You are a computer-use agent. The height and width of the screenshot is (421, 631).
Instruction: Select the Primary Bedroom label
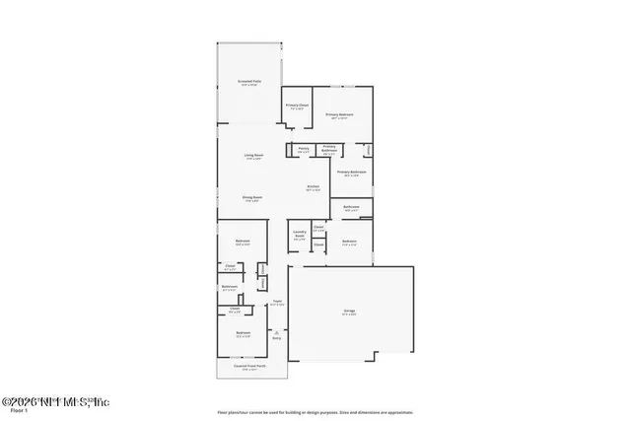coord(340,114)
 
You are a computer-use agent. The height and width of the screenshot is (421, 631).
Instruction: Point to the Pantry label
coord(304,149)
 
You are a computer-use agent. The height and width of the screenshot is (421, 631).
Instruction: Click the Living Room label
coord(252,156)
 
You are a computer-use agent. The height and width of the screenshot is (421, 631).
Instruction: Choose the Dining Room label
coord(251,197)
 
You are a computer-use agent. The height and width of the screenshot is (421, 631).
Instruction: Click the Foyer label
coord(278,302)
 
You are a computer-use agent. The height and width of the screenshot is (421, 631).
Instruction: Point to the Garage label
coord(349,312)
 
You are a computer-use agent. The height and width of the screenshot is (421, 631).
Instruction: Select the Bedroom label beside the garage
coord(349,242)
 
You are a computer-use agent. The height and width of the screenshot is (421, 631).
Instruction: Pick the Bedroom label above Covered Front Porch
coord(243,333)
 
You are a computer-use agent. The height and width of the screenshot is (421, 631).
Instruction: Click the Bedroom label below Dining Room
coord(243,242)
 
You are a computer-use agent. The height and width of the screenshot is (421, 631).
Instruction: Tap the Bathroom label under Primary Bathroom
coord(351,207)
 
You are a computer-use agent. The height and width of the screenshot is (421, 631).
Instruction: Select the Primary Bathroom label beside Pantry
coord(329,149)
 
